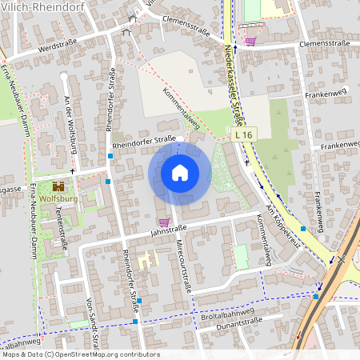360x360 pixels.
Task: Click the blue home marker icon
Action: (180, 173)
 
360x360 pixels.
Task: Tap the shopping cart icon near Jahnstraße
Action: (164, 222)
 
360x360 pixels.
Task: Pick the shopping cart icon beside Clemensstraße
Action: (250, 41)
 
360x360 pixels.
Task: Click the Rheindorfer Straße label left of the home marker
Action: (144, 141)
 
